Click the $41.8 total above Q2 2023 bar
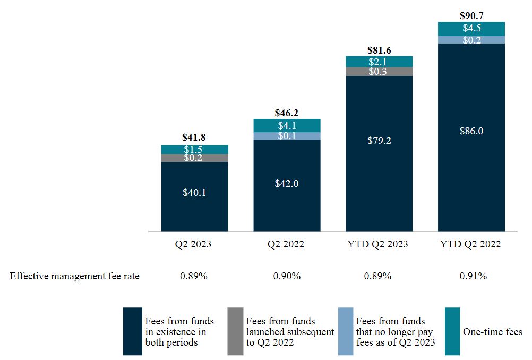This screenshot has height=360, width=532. [x=195, y=138]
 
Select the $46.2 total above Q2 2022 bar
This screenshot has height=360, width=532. [x=287, y=113]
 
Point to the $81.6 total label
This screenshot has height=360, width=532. [x=379, y=50]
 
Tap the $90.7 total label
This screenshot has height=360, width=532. [x=471, y=16]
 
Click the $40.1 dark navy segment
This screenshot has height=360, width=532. [x=195, y=193]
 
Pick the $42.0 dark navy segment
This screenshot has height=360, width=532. [x=287, y=183]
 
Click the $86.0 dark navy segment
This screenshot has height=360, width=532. [x=471, y=131]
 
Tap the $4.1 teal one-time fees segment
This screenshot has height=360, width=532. [x=287, y=126]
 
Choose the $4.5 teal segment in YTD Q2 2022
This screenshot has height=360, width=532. [x=471, y=29]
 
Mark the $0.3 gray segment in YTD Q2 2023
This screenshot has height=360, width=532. [x=379, y=72]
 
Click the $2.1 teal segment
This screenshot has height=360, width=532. [x=379, y=62]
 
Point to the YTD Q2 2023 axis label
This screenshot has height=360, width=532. [x=379, y=245]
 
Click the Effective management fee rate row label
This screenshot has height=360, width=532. [x=75, y=276]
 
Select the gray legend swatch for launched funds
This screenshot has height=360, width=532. [x=235, y=331]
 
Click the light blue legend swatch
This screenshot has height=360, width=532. [x=346, y=331]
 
